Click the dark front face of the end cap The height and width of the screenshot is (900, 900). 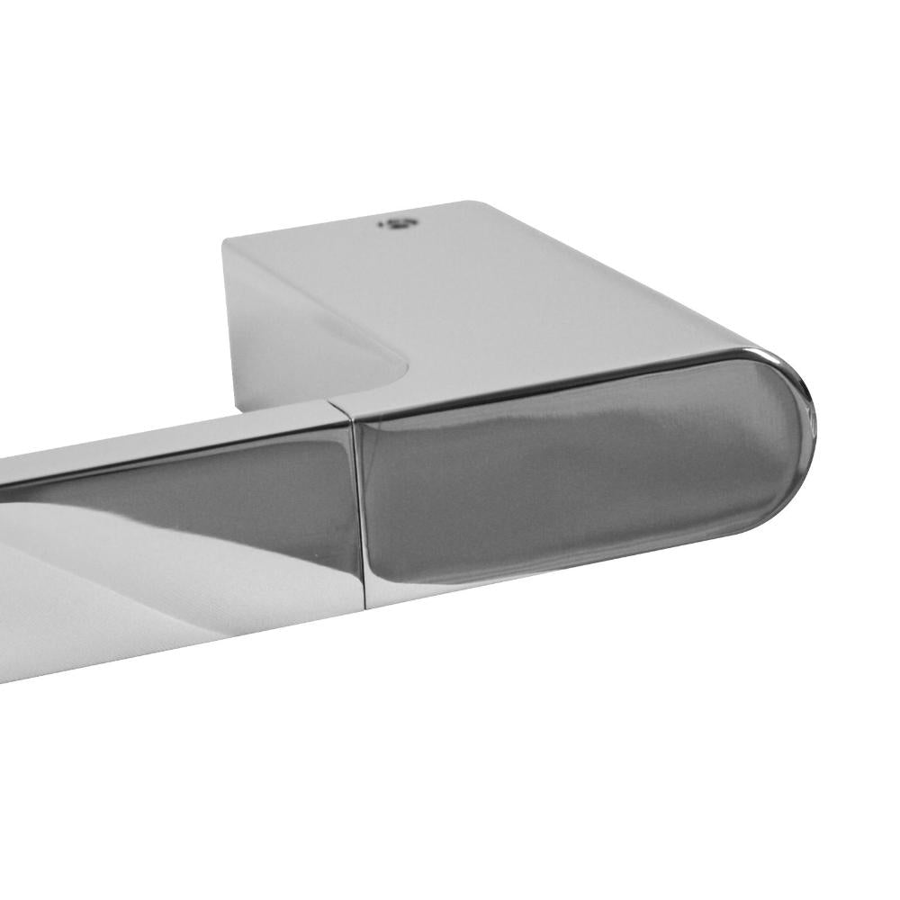tap(576, 486)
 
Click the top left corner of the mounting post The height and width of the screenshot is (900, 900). tap(225, 238)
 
